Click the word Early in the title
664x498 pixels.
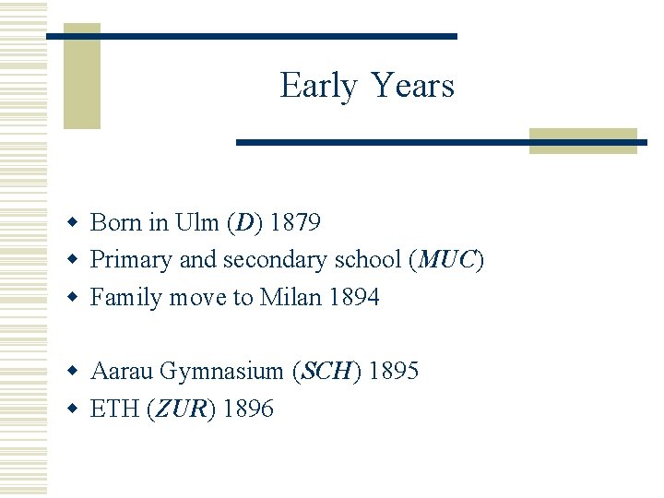[x=318, y=86]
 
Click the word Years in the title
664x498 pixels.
[x=413, y=86]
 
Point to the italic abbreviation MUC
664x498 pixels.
[x=446, y=260]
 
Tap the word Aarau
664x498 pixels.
[x=122, y=371]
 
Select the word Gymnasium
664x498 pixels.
[x=221, y=371]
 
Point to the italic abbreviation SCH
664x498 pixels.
[x=326, y=371]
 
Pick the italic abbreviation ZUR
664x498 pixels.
[x=182, y=409]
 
